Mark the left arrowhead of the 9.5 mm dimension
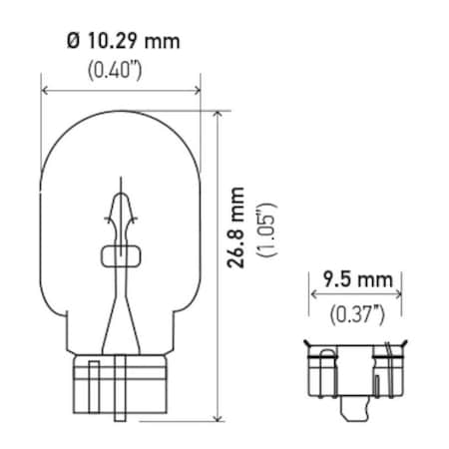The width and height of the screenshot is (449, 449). coord(313,295)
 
